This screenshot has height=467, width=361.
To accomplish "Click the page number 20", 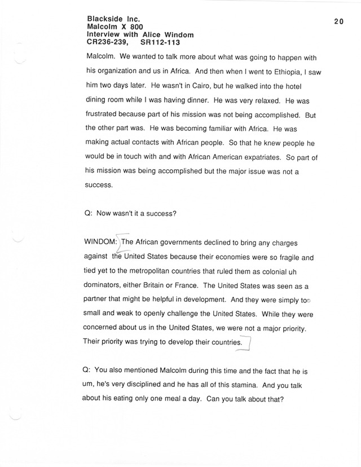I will click(338, 21).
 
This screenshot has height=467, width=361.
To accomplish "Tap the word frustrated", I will click(106, 116).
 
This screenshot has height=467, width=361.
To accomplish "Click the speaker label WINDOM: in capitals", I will click(101, 242).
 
